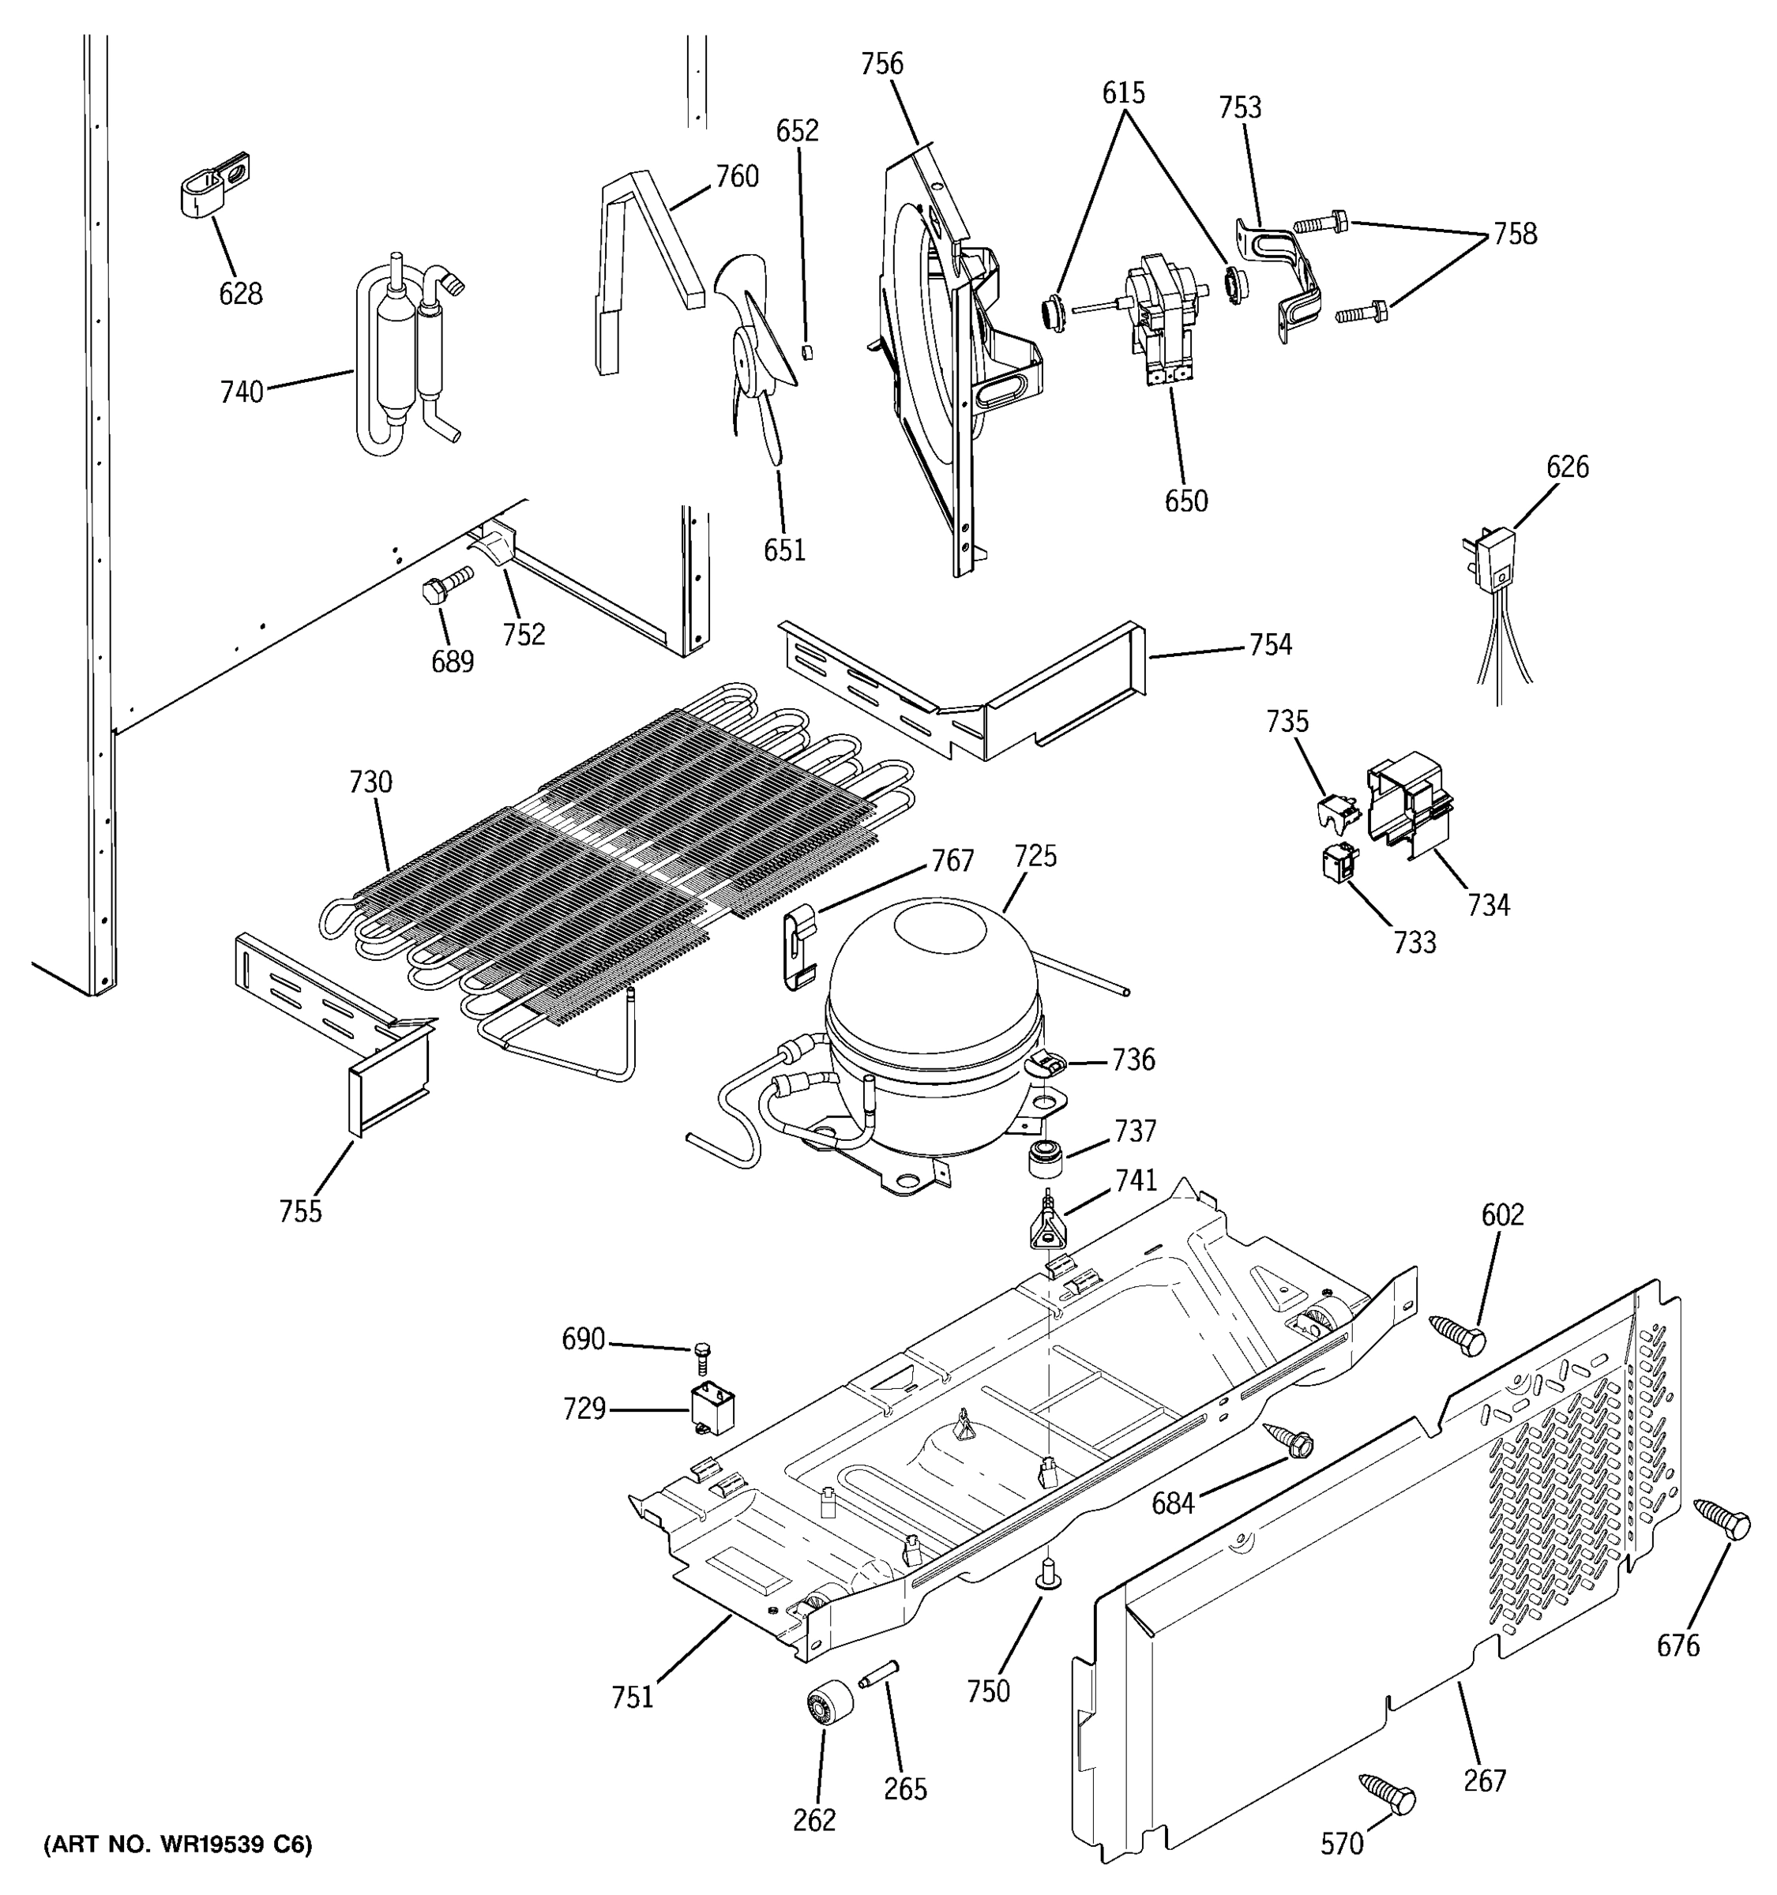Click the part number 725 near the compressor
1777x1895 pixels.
(1035, 856)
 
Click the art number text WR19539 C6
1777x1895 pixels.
(178, 1845)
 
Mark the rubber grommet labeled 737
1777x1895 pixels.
(1045, 1159)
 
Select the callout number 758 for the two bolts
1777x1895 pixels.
(1514, 234)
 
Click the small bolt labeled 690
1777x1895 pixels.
(704, 1353)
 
